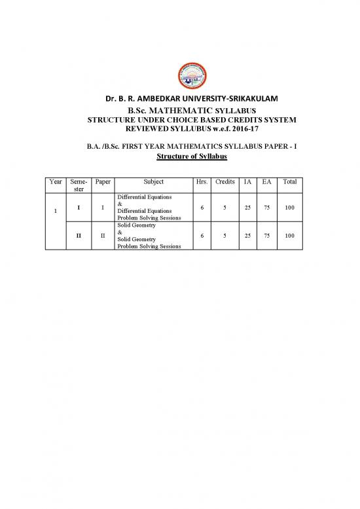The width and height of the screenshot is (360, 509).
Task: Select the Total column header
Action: (289, 181)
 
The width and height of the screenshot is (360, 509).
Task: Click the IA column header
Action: (248, 181)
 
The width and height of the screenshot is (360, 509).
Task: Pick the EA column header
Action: (266, 181)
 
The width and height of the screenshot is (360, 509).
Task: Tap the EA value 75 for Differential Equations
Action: (266, 208)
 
